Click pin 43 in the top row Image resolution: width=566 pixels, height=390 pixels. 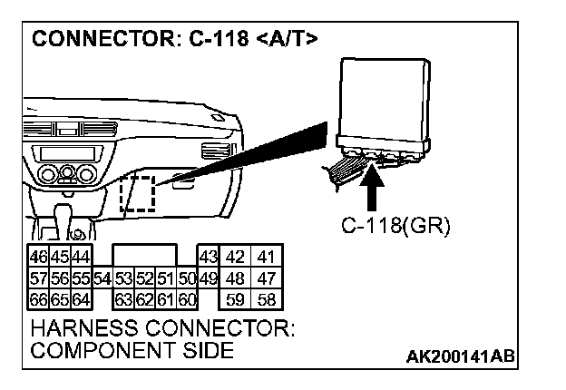(209, 257)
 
